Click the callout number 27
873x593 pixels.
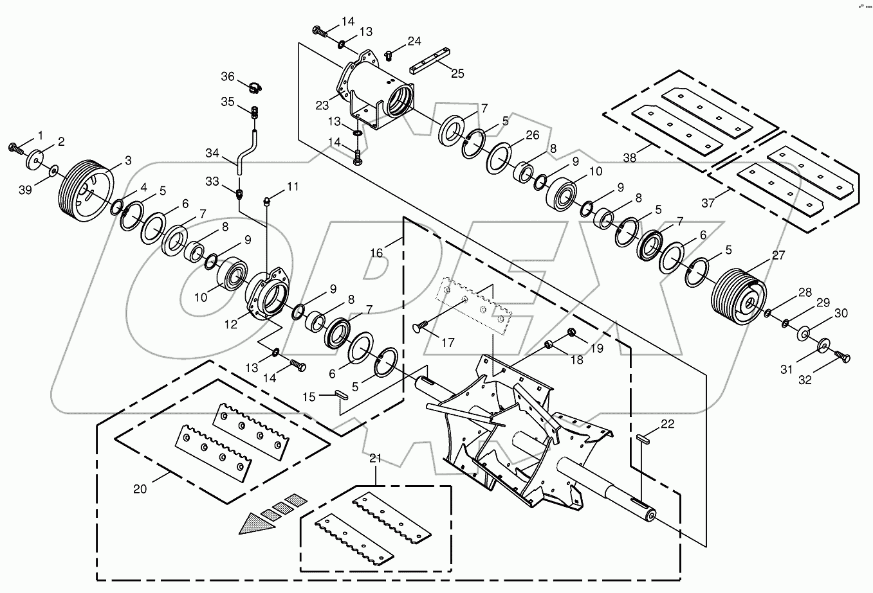pos(778,254)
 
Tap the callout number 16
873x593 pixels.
pos(376,253)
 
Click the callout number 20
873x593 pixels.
pos(140,488)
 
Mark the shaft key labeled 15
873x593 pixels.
pos(342,394)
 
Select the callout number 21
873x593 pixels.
pos(375,458)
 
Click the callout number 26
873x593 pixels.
pos(531,136)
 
